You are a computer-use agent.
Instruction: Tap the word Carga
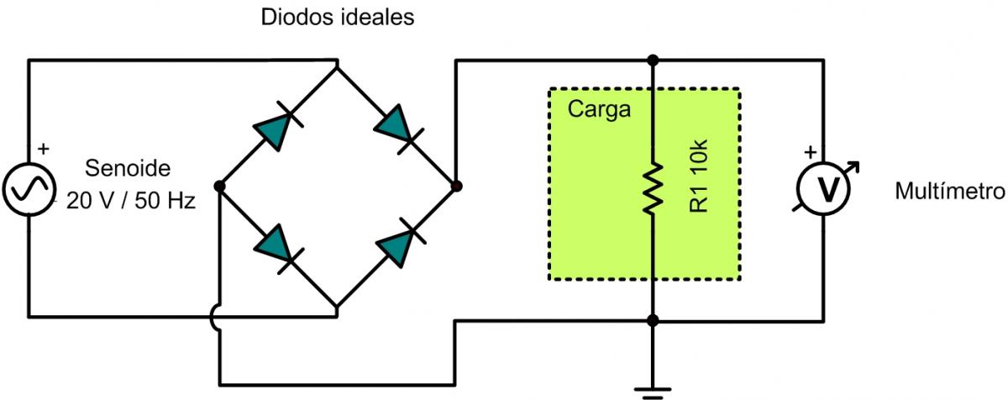599,109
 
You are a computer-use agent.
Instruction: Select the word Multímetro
949,192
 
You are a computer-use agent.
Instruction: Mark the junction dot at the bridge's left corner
219,186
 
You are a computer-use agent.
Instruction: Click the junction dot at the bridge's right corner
455,186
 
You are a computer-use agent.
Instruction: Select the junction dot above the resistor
653,60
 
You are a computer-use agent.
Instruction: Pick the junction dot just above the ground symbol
653,320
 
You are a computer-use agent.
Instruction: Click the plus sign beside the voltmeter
811,153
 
